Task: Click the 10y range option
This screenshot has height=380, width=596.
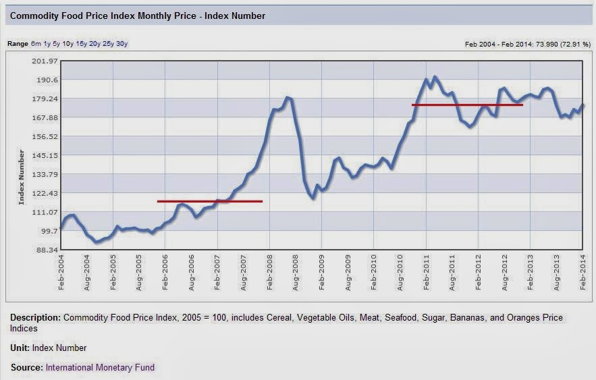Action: [67, 44]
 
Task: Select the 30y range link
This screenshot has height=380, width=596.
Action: [121, 44]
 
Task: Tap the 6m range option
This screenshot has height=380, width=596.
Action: [36, 44]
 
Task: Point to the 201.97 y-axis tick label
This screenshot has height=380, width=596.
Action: [45, 61]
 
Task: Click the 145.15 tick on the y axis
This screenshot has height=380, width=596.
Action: [45, 155]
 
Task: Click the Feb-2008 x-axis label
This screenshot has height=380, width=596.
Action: [270, 273]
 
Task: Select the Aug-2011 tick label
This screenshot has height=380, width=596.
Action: [452, 273]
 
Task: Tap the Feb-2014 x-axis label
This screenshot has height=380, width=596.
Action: [583, 273]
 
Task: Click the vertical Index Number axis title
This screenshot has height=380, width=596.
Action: [22, 177]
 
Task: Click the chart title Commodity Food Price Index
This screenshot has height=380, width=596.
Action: [137, 16]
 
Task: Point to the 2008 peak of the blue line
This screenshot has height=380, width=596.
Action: [288, 98]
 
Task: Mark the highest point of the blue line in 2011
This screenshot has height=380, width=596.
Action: [435, 77]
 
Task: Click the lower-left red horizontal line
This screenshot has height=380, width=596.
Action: [210, 201]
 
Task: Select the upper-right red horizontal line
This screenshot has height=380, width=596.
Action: [467, 105]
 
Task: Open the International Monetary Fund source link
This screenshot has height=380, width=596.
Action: [100, 367]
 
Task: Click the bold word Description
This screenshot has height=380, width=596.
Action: [35, 318]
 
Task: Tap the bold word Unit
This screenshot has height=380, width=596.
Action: [20, 348]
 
